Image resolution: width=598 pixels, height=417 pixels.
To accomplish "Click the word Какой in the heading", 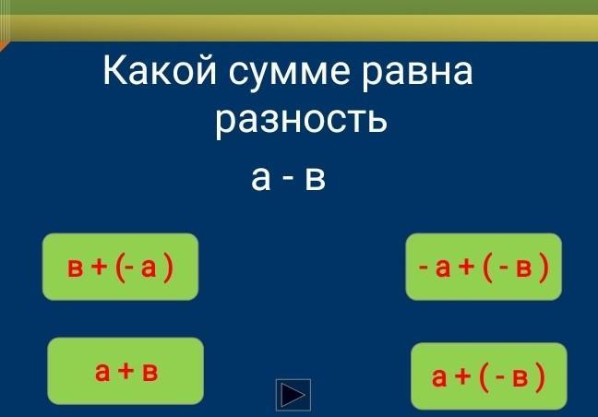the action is (160, 70).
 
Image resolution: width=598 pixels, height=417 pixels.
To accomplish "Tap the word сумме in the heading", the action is (289, 73).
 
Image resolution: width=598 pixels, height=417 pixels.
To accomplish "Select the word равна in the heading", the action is (417, 73).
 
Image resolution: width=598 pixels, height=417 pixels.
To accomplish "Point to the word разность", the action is (301, 120).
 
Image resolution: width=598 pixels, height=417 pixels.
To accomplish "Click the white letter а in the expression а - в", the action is (261, 178).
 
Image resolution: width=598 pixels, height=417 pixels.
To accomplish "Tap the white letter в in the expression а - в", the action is (315, 178).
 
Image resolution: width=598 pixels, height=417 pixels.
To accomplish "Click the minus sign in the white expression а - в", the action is (289, 180).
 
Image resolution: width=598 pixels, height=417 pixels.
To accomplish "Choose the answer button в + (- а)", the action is (120, 267).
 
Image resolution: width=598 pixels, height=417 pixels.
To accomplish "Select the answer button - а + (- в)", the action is (484, 267).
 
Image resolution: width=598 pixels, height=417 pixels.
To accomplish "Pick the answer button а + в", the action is (126, 371).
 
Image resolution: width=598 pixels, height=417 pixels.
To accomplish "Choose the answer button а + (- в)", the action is (489, 376).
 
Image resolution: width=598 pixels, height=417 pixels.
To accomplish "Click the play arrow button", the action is (293, 395).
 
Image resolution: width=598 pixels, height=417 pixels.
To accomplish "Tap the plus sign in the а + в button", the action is (126, 371).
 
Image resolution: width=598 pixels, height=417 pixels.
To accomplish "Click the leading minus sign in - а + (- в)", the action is (423, 268).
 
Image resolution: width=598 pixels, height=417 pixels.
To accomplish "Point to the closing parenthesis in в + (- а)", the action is (168, 268).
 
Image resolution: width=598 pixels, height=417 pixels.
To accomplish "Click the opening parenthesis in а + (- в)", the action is (484, 377).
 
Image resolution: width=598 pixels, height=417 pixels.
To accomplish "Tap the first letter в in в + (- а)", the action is (75, 268).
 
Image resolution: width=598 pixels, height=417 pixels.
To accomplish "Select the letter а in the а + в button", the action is (102, 372).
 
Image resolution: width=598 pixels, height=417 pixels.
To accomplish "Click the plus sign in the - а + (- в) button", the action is (466, 267).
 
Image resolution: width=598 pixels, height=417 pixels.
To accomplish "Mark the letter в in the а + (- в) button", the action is (520, 377).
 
